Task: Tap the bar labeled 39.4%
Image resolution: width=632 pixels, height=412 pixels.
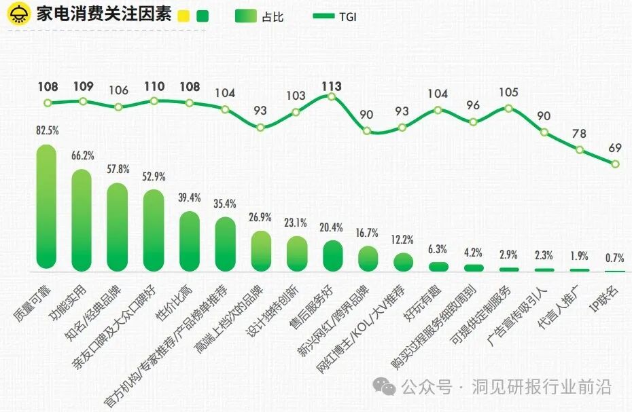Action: pyautogui.click(x=190, y=240)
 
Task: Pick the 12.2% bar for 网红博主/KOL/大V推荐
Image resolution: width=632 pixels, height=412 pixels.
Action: pyautogui.click(x=403, y=262)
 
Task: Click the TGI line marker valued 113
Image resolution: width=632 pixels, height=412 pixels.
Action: pyautogui.click(x=332, y=96)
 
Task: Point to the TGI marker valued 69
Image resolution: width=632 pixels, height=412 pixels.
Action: pyautogui.click(x=615, y=164)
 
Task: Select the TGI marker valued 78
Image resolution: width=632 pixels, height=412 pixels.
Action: pyautogui.click(x=580, y=150)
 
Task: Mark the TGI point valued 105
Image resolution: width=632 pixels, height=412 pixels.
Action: pyautogui.click(x=509, y=108)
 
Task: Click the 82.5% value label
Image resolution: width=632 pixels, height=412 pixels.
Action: pyautogui.click(x=47, y=130)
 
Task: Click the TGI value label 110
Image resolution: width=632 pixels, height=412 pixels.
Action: pyautogui.click(x=154, y=87)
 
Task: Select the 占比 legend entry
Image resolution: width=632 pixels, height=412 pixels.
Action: pyautogui.click(x=258, y=17)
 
